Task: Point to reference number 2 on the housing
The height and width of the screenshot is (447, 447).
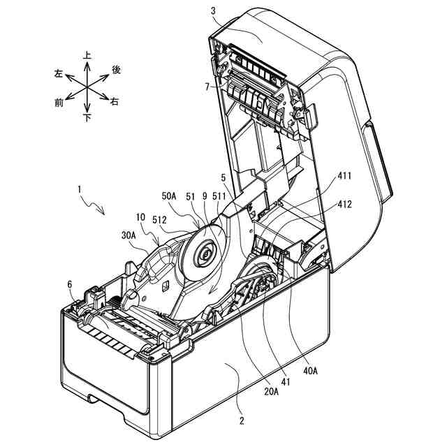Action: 240,420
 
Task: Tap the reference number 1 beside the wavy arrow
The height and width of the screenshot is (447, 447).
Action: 80,189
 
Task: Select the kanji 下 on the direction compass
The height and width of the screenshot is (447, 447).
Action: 87,118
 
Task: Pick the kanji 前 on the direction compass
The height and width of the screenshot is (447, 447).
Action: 59,102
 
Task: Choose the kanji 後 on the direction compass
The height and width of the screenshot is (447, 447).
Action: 117,69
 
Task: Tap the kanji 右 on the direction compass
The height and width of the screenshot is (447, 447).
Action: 114,102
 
